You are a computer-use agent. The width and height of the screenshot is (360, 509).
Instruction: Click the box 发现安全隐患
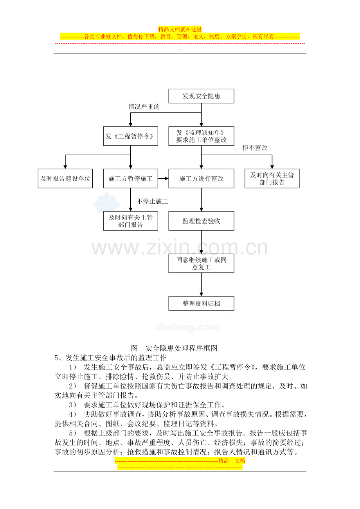(x=201, y=96)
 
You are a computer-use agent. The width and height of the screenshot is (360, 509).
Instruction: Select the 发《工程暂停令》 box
(x=131, y=136)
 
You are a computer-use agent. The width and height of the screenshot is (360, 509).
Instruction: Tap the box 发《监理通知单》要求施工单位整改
(x=201, y=136)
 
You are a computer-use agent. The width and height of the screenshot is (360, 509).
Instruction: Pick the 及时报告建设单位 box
(x=65, y=178)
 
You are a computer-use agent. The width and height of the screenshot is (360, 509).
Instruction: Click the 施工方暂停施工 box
(x=131, y=178)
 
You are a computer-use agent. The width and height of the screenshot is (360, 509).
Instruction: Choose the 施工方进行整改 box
(x=201, y=178)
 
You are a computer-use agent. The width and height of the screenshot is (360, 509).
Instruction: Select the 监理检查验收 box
(x=201, y=221)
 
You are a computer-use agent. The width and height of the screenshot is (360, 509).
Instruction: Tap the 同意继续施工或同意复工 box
(x=201, y=263)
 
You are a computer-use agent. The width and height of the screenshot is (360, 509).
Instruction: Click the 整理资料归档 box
(x=201, y=303)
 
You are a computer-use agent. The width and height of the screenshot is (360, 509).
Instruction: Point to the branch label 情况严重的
(x=144, y=107)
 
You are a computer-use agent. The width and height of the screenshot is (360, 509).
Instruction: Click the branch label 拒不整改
(x=255, y=148)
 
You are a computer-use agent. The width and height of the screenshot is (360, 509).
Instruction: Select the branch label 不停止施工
(x=152, y=201)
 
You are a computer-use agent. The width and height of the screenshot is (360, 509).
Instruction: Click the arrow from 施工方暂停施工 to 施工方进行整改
(x=163, y=178)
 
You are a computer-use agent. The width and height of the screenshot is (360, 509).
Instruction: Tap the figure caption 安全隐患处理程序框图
(x=181, y=348)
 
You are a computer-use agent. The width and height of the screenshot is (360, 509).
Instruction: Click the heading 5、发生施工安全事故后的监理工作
(x=110, y=358)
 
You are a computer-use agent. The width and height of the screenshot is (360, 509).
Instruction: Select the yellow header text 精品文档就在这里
(x=180, y=29)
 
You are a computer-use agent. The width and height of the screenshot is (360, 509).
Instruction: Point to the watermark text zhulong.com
(x=187, y=327)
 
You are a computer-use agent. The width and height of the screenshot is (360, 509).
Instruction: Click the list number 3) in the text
(x=73, y=405)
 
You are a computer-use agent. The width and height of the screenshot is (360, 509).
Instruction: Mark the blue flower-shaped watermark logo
(x=106, y=203)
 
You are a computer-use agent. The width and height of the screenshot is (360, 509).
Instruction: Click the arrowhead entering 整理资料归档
(x=201, y=294)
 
